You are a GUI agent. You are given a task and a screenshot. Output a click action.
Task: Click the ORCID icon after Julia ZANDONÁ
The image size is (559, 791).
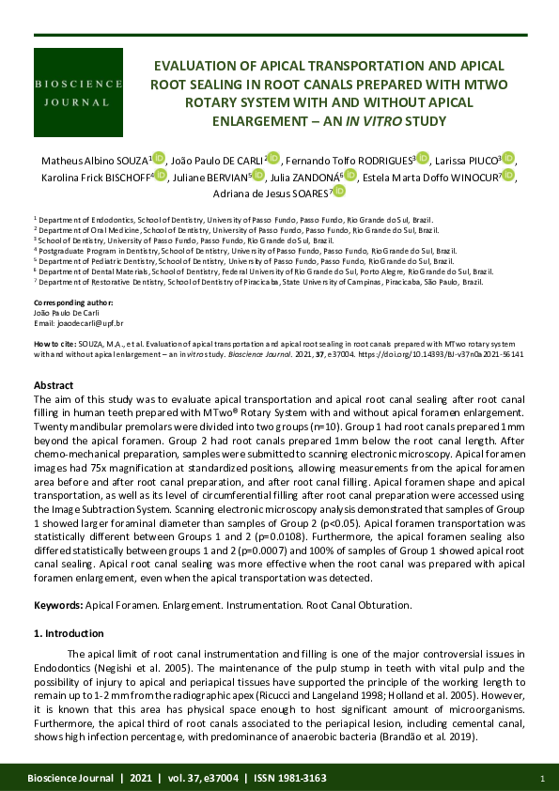[x=351, y=176]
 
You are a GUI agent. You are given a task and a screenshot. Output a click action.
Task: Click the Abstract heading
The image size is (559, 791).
[x=54, y=386]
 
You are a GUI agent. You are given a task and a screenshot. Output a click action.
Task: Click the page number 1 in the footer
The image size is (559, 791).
[x=542, y=778]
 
